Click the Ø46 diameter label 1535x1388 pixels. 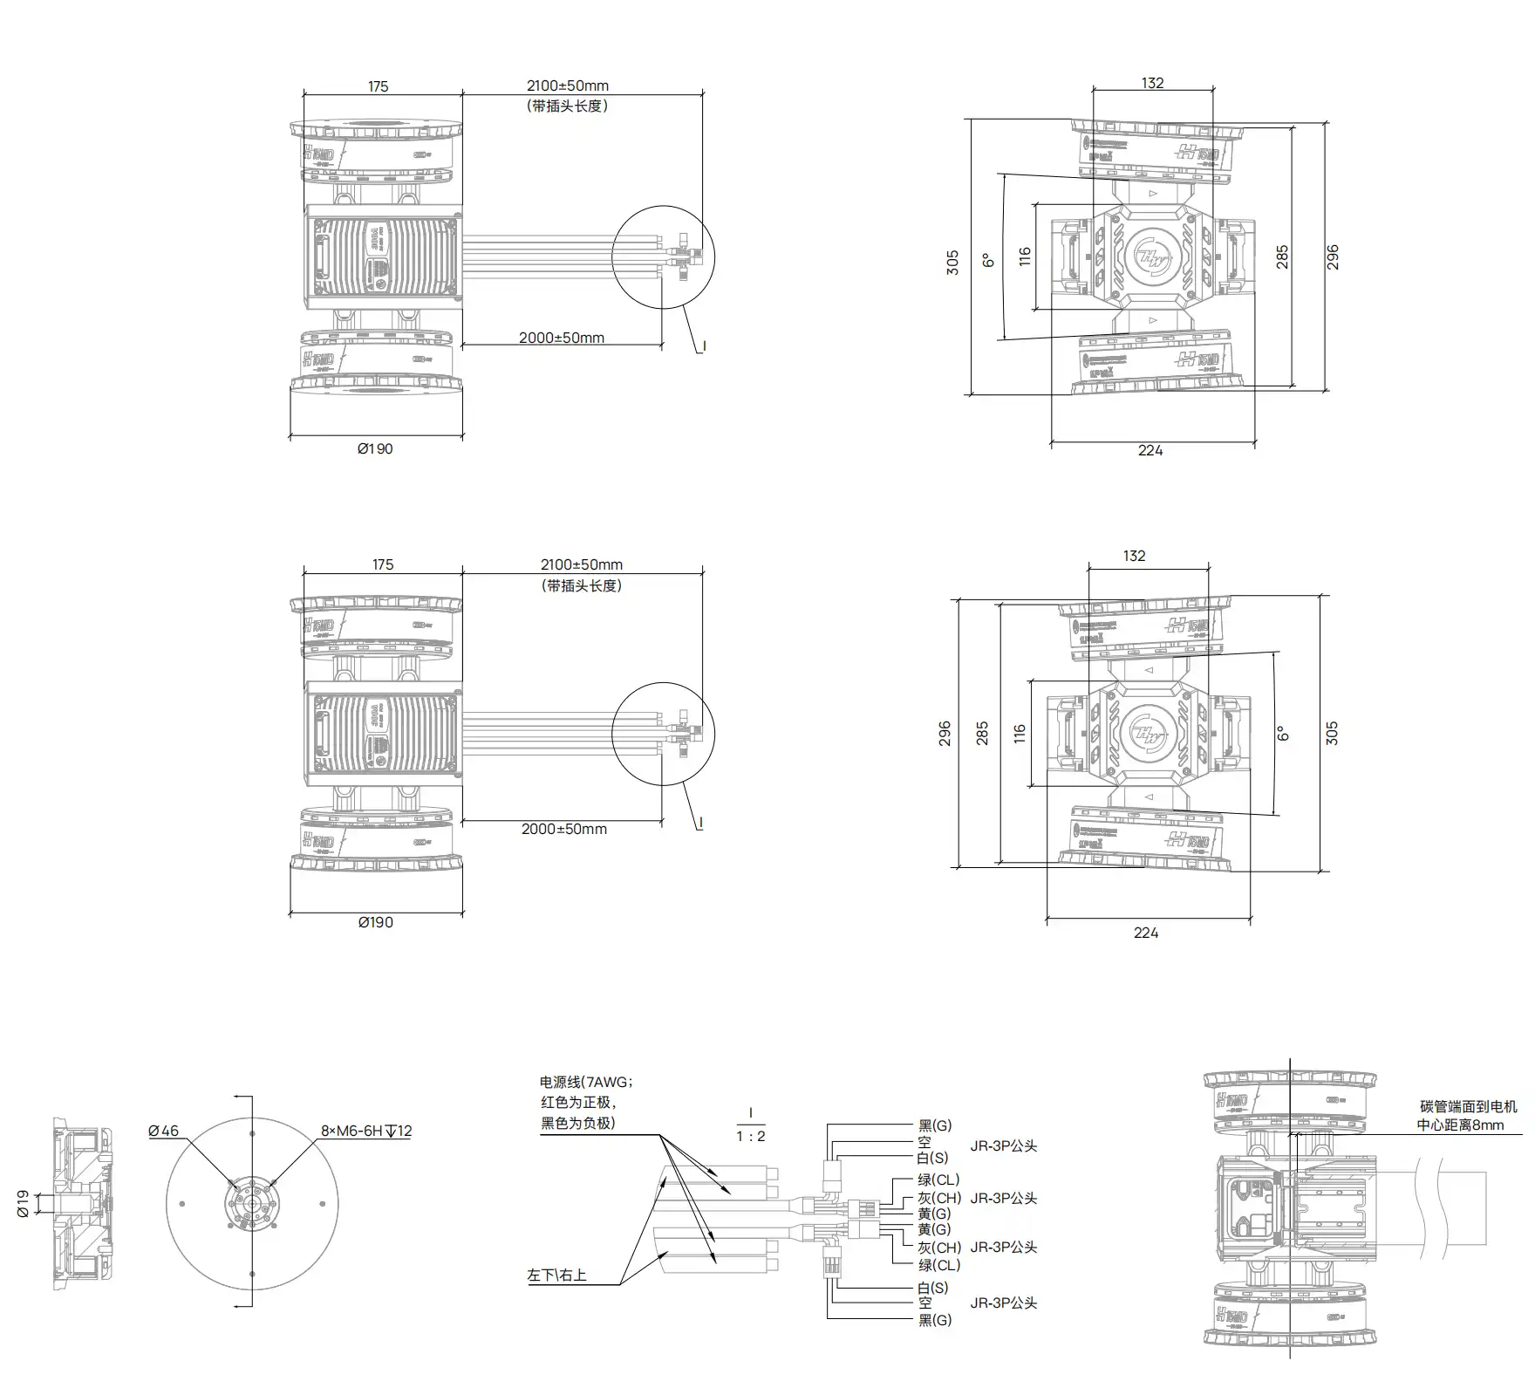[x=163, y=1131]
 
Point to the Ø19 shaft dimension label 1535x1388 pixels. [x=24, y=1204]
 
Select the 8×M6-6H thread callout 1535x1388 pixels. [x=366, y=1131]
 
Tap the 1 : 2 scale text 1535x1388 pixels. [x=750, y=1136]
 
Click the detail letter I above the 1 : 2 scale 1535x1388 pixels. [x=750, y=1114]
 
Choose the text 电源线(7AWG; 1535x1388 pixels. [x=586, y=1083]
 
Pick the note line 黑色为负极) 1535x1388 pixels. [x=577, y=1123]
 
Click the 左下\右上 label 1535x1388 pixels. [x=556, y=1275]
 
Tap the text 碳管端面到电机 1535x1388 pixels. [x=1469, y=1106]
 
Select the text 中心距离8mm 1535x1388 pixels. [x=1460, y=1125]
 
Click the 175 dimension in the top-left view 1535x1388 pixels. [x=378, y=86]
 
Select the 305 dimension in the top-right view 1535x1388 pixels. [x=952, y=263]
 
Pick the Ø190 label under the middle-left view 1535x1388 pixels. [x=375, y=922]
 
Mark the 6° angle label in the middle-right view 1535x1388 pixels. [x=1283, y=734]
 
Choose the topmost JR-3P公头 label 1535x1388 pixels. [x=1003, y=1145]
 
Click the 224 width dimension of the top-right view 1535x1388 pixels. [x=1150, y=450]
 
